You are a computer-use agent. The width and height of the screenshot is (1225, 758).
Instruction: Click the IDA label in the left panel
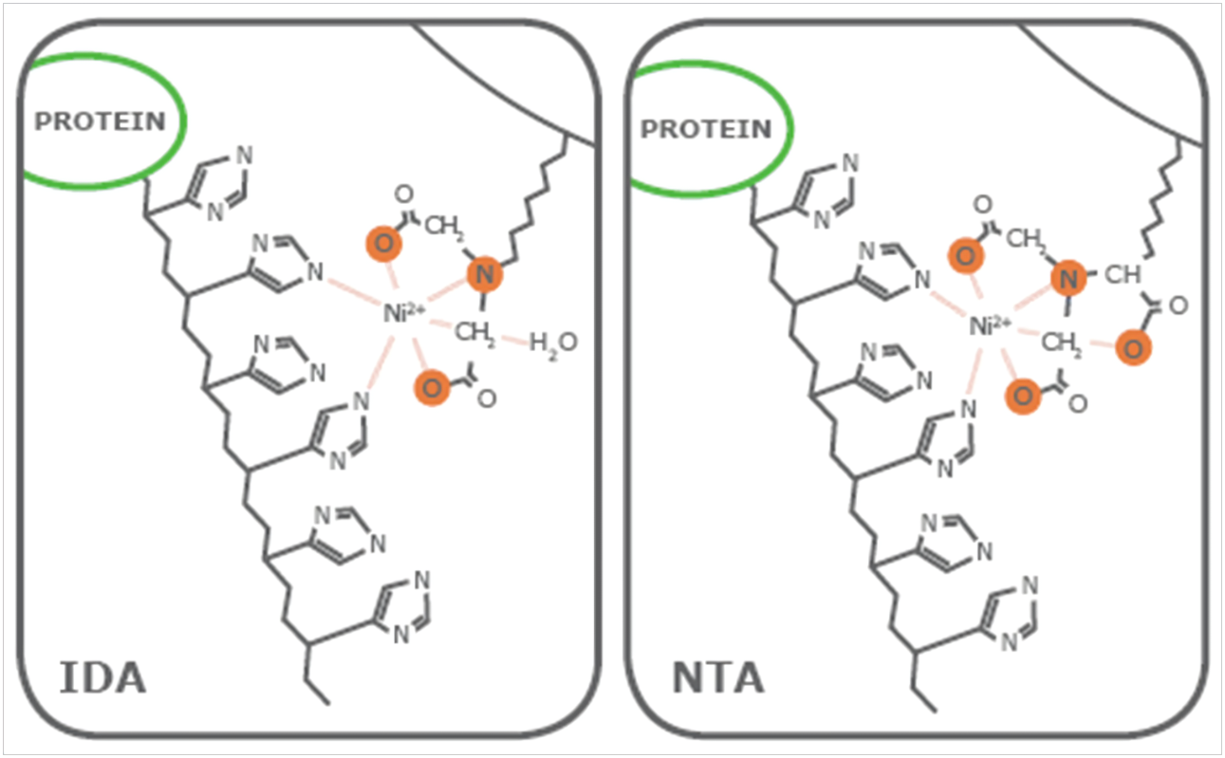point(102,678)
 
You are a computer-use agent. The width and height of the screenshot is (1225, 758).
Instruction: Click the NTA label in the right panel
point(717,678)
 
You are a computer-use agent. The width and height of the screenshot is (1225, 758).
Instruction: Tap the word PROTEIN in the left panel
point(100,121)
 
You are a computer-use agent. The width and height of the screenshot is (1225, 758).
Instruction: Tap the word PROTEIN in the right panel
point(706,129)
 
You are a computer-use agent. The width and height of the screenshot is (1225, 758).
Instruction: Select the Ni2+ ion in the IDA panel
point(403,313)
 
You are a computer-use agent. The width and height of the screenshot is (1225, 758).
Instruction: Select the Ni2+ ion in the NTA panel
point(991,325)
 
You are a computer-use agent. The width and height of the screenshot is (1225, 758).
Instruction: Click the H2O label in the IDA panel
point(553,344)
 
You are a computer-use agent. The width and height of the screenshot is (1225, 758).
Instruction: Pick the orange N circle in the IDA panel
point(485,274)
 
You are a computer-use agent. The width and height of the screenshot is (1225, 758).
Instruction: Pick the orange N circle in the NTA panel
point(1068,279)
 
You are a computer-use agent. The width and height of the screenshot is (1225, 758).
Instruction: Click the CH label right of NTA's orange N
point(1123,275)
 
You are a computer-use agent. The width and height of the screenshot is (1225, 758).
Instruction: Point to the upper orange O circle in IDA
point(384,244)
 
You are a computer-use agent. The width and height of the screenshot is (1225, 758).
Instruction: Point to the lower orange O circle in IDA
point(432,388)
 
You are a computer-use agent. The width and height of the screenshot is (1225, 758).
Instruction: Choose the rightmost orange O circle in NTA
point(1133,348)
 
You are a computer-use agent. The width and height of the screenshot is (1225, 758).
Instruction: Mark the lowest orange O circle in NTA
point(1023,396)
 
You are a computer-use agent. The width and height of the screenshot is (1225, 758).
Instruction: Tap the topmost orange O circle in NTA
point(965,255)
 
